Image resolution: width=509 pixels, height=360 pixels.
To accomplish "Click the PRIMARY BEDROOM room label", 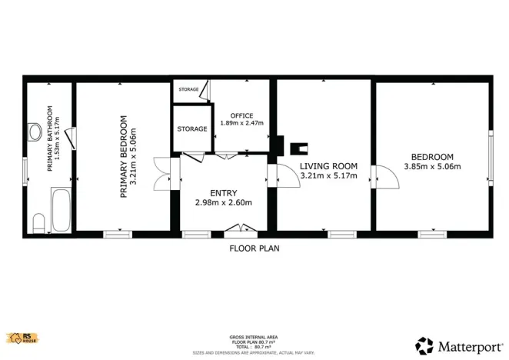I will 123,157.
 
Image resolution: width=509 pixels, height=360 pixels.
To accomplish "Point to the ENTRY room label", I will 224,192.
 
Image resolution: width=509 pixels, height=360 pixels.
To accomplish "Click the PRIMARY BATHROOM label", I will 51,138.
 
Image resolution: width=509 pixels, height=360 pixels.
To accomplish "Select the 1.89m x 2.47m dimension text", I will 241,123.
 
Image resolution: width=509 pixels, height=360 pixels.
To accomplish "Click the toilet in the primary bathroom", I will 38,223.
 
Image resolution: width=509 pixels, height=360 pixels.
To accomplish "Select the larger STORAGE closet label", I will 191,128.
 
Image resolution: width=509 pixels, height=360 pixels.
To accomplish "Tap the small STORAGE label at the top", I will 188,90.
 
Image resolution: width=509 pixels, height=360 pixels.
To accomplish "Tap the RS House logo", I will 22,338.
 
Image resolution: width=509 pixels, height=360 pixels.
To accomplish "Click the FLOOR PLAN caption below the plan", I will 254,248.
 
